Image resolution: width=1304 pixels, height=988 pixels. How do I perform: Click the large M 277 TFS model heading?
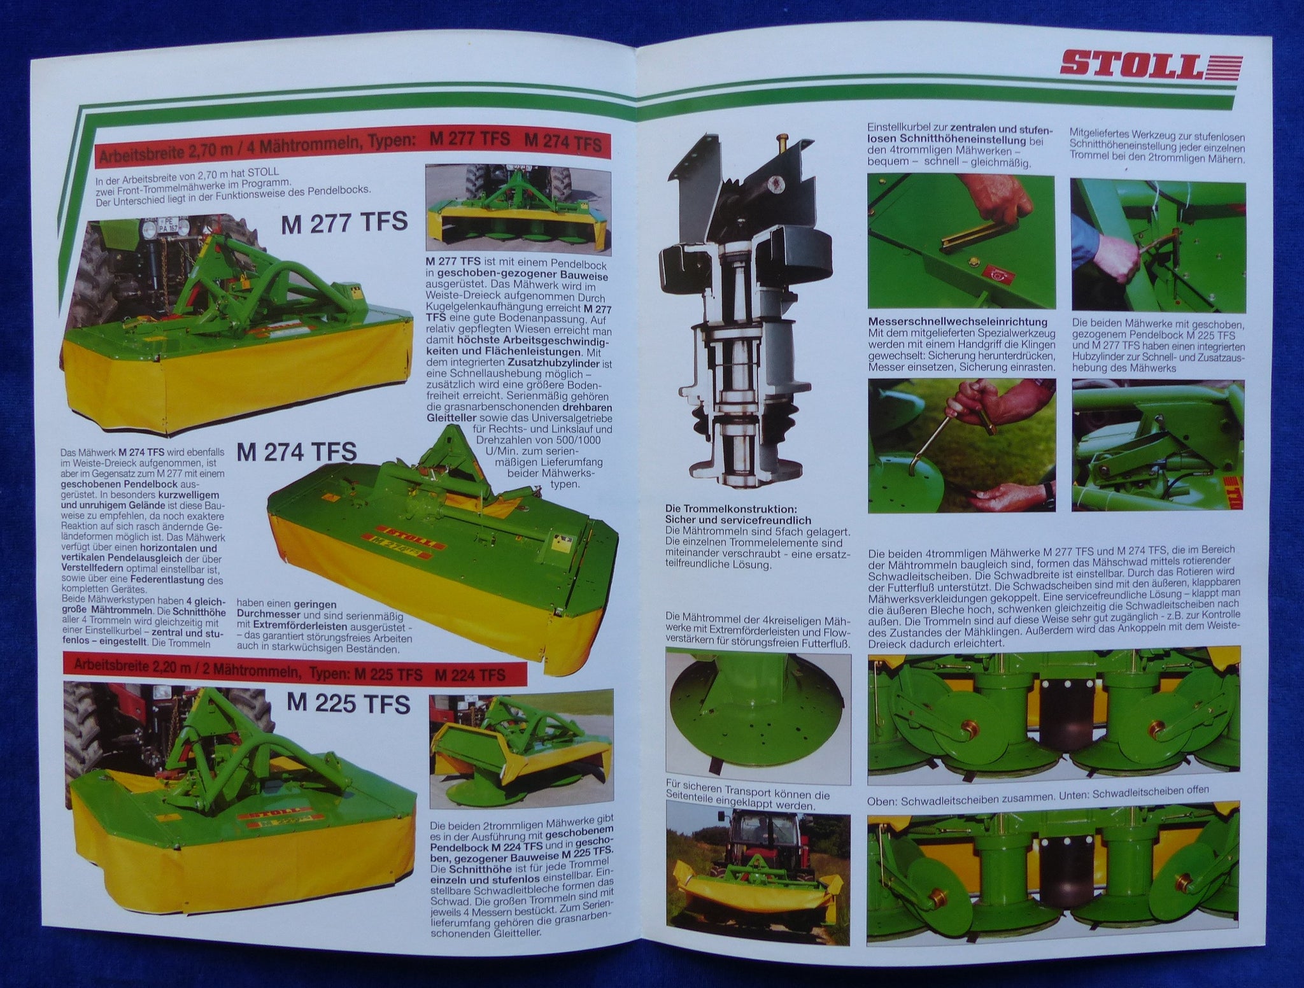click(x=344, y=223)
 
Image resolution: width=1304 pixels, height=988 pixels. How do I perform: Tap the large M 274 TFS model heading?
click(x=297, y=451)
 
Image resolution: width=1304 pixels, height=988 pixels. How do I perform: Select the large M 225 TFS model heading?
click(x=349, y=704)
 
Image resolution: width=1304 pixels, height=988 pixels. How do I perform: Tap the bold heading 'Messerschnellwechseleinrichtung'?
click(x=958, y=322)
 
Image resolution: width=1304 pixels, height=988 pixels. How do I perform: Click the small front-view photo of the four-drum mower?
click(x=519, y=208)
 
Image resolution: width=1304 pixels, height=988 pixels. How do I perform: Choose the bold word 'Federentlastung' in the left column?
click(x=169, y=581)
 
